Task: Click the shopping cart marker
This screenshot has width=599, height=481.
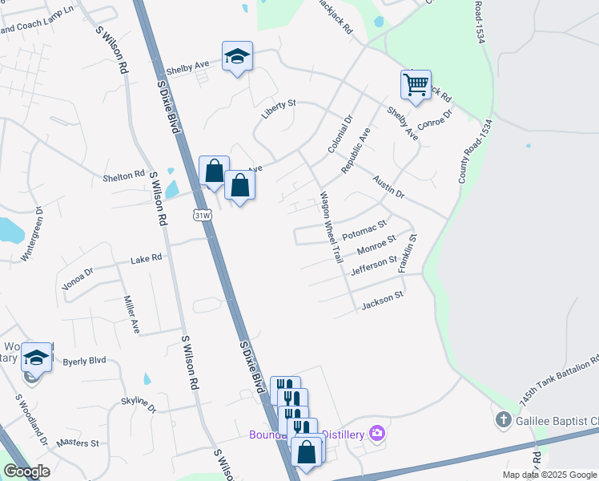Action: point(416,84)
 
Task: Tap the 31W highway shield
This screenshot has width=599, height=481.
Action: point(203,215)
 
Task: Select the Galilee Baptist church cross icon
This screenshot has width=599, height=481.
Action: point(503,419)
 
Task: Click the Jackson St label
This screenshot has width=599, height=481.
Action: point(381,303)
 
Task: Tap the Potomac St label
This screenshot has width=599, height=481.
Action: point(364,231)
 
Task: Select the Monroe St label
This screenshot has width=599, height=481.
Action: point(376,245)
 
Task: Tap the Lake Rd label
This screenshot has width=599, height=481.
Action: point(146,259)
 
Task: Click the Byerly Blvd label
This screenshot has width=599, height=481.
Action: point(84,362)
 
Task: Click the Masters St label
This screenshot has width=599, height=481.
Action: point(78,443)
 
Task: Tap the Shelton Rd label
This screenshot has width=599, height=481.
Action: point(123,174)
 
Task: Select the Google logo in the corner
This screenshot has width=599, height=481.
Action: point(27,471)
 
